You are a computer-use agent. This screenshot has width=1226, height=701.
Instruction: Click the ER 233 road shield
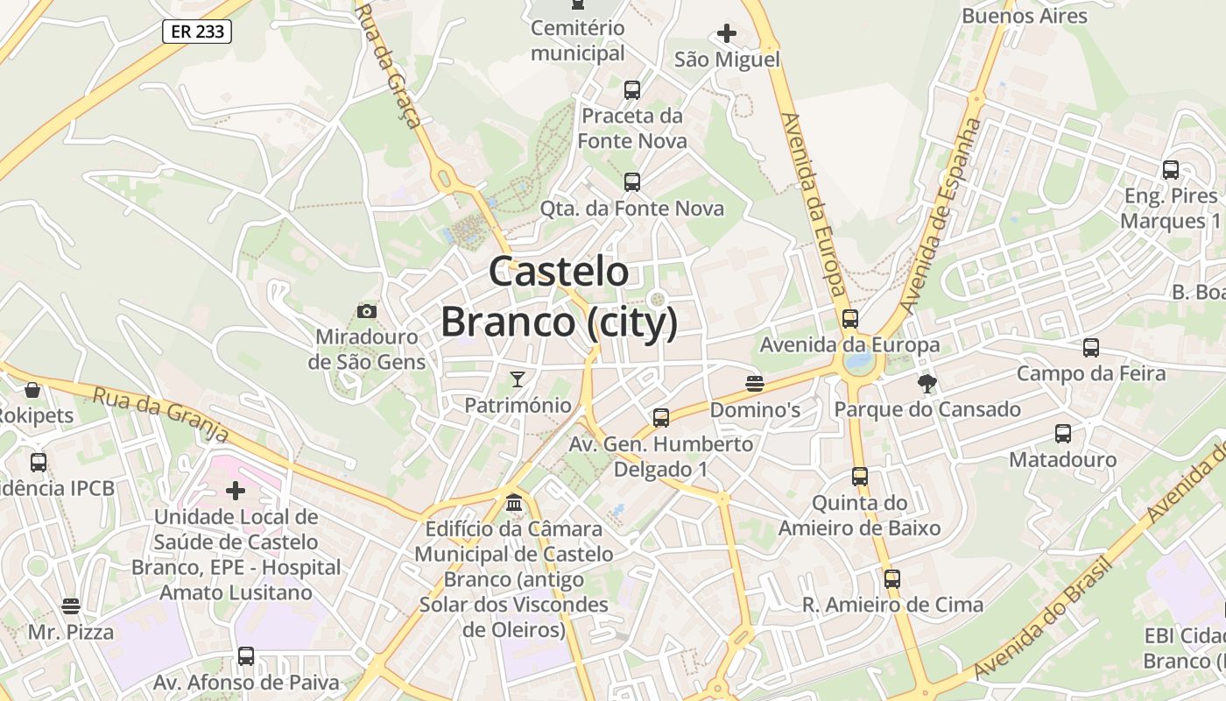197,32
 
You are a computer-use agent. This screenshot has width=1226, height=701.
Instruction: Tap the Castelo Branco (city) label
559,296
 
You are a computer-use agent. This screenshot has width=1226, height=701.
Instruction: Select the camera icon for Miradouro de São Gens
367,311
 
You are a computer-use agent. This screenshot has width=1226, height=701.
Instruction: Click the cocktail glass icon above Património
518,379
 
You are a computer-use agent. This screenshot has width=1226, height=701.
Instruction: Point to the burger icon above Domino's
755,383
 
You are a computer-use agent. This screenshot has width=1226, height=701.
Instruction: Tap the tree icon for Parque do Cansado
927,383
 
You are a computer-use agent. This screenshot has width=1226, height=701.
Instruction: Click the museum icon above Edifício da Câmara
514,503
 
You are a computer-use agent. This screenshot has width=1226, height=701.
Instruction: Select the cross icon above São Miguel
727,34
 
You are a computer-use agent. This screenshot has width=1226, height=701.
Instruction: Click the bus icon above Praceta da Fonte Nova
632,89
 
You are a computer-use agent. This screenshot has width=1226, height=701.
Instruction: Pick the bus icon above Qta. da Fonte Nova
632,182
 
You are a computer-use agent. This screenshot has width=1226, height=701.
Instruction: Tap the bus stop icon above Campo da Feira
1091,348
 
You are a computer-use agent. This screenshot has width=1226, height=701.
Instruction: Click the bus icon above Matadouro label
1063,434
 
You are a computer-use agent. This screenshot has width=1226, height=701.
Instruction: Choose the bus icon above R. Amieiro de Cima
892,579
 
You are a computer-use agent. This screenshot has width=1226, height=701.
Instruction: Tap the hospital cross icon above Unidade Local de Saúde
236,491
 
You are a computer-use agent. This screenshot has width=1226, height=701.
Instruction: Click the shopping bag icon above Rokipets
32,389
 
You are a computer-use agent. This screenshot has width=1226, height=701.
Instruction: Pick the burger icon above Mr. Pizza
71,606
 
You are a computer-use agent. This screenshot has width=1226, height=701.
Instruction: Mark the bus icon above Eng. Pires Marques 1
1171,170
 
